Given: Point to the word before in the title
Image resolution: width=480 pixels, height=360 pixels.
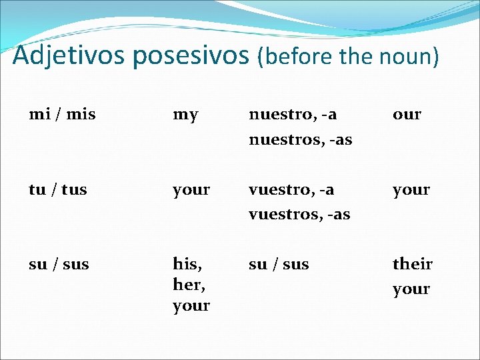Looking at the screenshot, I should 299,57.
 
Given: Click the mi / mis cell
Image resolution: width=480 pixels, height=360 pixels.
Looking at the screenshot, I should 63,114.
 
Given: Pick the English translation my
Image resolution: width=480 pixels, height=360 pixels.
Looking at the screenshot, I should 185,115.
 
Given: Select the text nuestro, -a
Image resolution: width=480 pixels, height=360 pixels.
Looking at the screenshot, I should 293,114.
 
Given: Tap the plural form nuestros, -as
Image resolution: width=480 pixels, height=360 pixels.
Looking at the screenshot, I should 300,140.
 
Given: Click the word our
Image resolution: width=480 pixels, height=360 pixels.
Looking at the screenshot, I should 407,115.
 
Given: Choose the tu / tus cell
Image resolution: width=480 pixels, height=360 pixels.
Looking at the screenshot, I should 58,189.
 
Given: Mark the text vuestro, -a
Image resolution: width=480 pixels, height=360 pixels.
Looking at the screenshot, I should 291,189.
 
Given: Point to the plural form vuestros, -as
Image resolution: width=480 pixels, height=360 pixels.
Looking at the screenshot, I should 299,215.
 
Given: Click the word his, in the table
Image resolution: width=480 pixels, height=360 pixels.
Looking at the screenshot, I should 187,264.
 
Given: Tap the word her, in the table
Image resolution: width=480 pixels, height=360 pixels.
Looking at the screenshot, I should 187,285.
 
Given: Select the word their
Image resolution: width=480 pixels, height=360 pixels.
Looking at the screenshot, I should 412,264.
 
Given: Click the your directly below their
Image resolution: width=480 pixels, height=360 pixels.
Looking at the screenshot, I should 411,290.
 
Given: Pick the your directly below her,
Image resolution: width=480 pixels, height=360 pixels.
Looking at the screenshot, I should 191,307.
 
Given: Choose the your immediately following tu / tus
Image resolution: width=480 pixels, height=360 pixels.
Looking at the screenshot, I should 191,190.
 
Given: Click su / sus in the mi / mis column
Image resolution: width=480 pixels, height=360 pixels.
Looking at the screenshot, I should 59,264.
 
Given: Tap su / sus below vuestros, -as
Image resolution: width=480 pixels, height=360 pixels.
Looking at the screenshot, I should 279,264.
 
